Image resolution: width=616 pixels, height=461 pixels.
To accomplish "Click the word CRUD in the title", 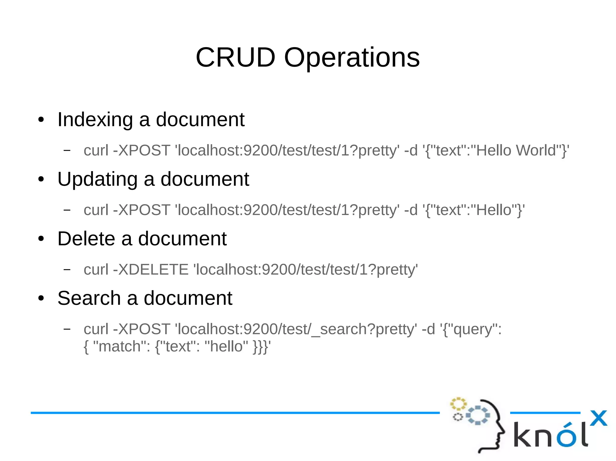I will point(235,57).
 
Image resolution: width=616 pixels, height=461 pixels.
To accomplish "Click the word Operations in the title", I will point(352,58).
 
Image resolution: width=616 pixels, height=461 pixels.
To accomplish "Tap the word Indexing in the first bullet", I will point(95,120).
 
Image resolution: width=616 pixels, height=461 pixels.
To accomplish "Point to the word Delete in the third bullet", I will point(86,239).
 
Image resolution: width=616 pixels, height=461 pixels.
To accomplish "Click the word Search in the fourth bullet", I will point(89,298).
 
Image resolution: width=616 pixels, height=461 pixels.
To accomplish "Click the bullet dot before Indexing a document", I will point(41,120).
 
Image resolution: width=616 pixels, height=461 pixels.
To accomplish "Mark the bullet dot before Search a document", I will point(41,299).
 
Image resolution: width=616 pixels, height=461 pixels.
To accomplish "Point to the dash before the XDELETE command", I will point(67,269).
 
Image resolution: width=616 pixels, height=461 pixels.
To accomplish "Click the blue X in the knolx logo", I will point(598,418).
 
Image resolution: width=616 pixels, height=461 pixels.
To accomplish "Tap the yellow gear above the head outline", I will point(458,404).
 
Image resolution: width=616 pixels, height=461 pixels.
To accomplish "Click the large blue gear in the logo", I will point(478,415).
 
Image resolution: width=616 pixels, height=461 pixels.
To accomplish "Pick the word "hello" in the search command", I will point(226,346).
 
